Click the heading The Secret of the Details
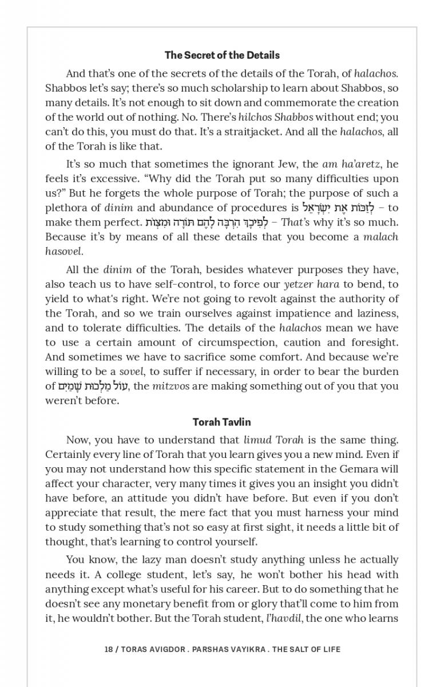tap(222, 55)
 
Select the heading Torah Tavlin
tap(222, 422)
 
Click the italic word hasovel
tap(64, 251)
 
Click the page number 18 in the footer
tap(109, 649)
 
